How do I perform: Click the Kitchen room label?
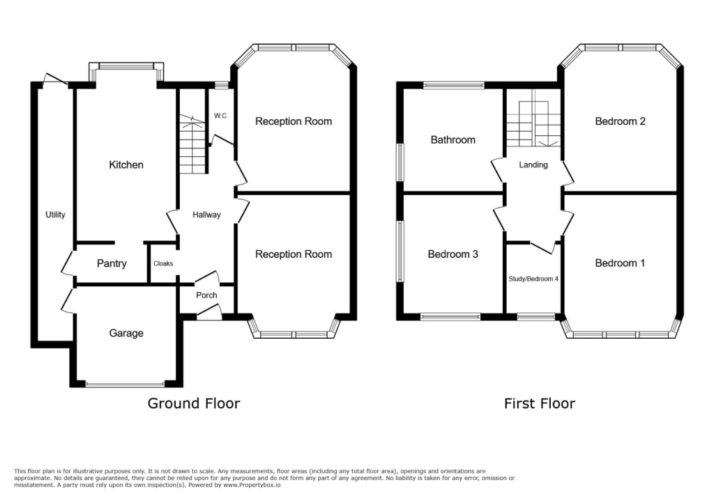click(x=126, y=165)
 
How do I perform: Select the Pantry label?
click(x=112, y=263)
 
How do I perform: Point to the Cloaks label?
click(x=162, y=263)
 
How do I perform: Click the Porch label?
click(x=206, y=295)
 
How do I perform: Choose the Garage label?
click(x=126, y=333)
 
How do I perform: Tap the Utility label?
click(x=55, y=215)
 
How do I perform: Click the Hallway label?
click(x=206, y=215)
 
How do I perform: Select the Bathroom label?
click(x=453, y=140)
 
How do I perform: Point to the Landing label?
click(x=533, y=165)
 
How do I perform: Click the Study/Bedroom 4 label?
click(x=533, y=278)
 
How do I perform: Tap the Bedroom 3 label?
click(x=453, y=254)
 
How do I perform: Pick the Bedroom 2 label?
click(x=620, y=121)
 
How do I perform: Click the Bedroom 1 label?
click(x=620, y=263)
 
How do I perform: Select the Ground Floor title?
click(x=194, y=404)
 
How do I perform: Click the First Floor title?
click(x=540, y=404)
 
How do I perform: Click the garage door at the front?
click(x=126, y=384)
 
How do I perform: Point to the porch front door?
click(x=208, y=315)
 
